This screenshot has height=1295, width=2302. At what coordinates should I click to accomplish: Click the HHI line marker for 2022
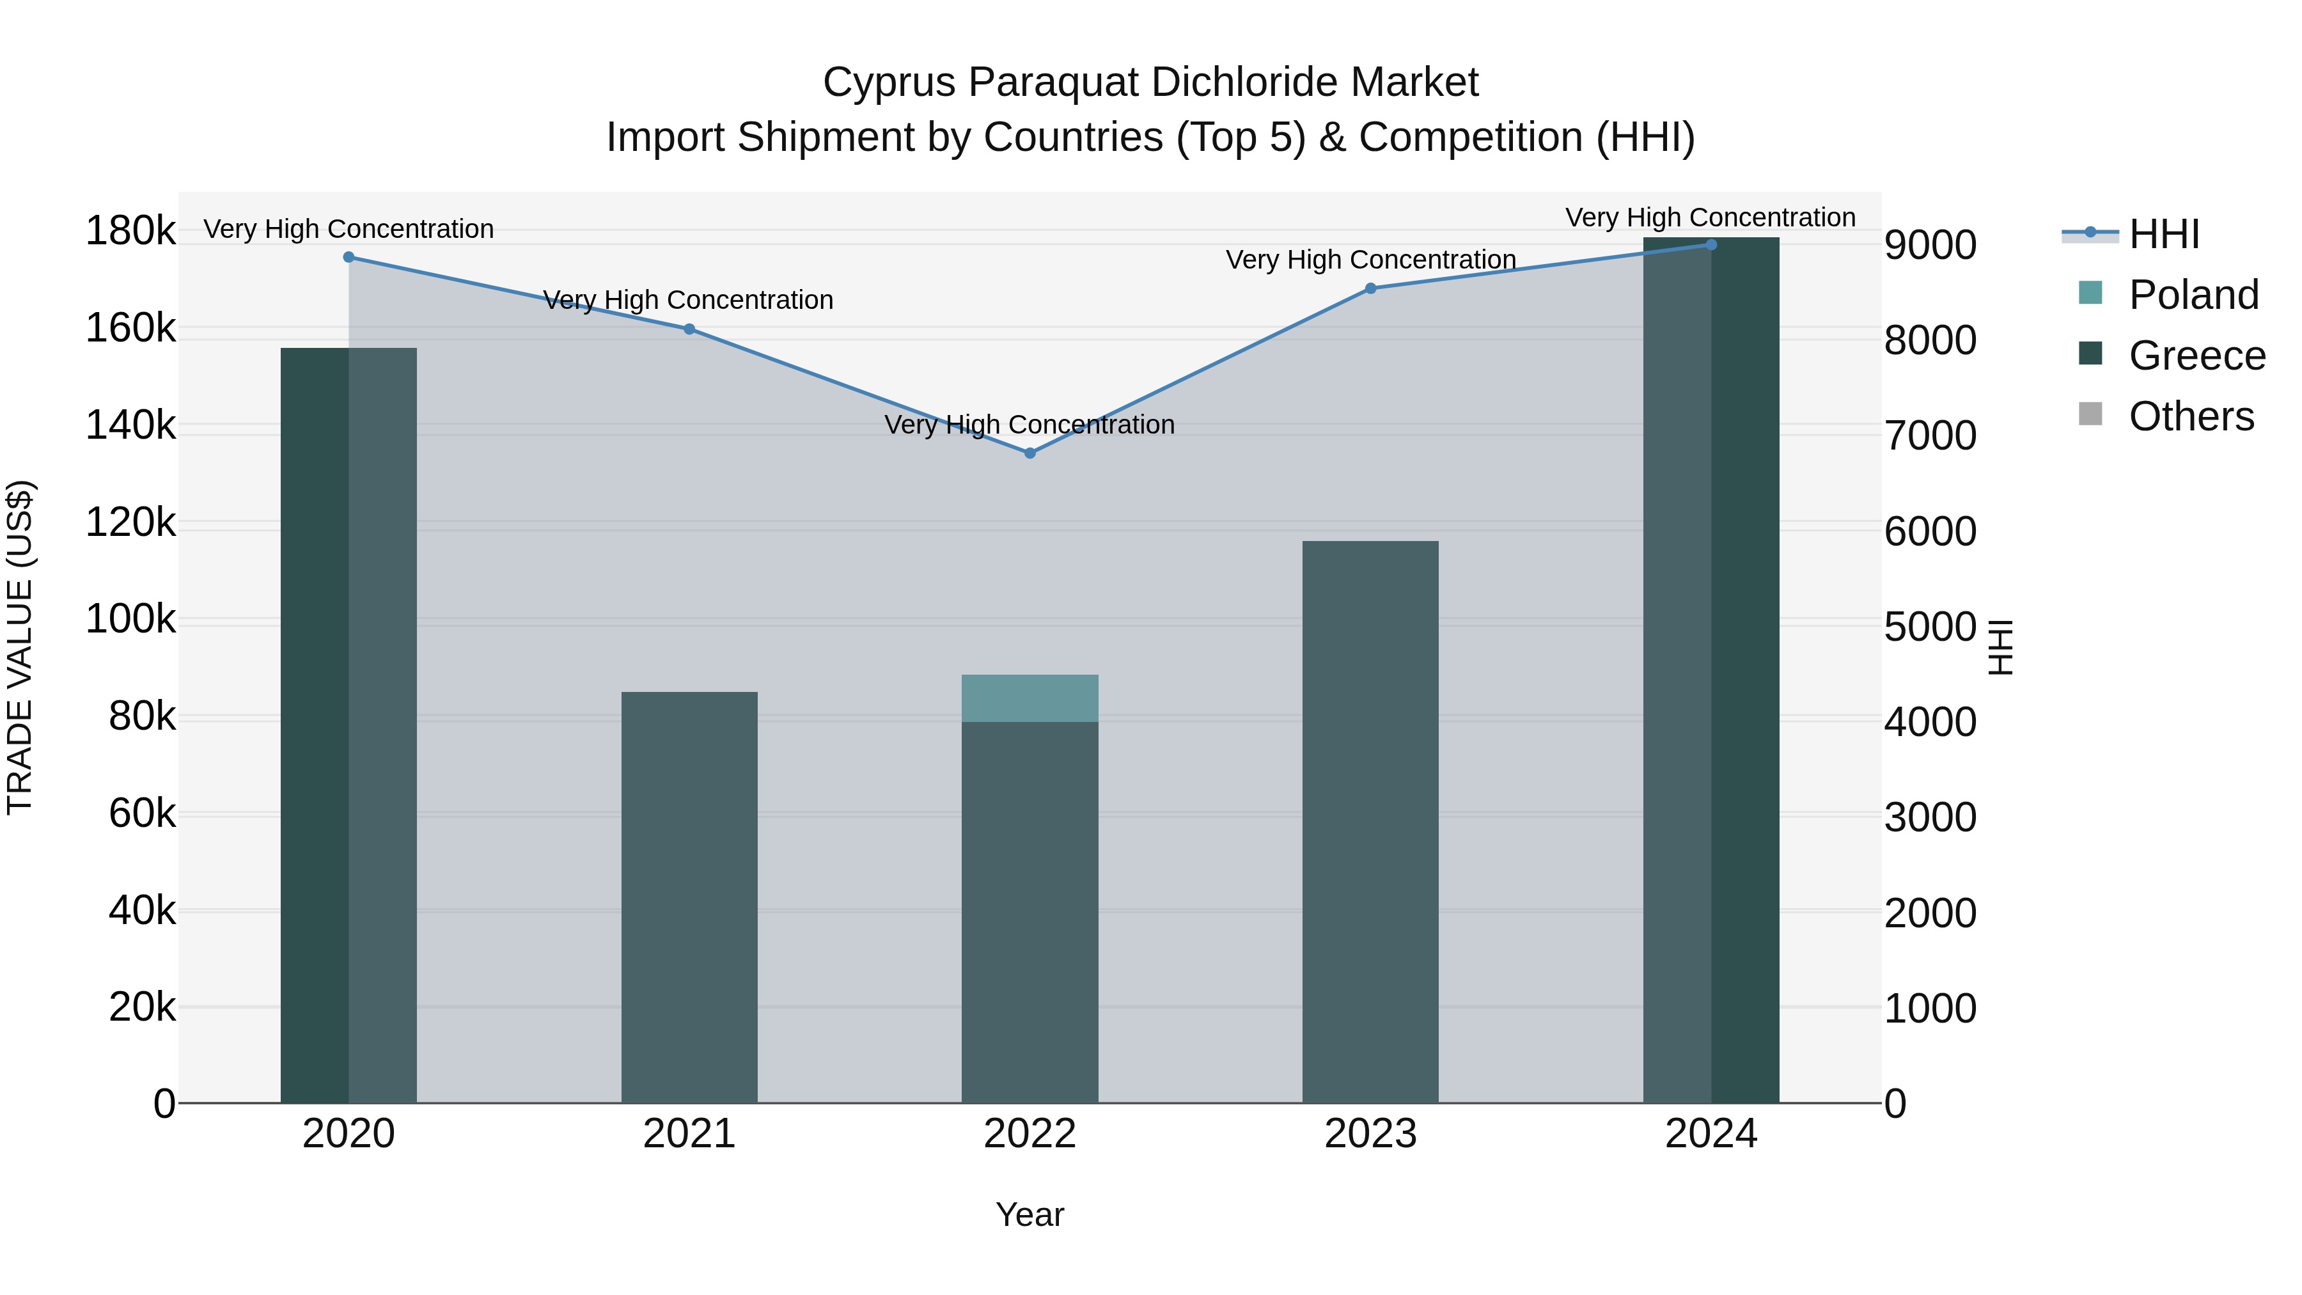pos(1030,453)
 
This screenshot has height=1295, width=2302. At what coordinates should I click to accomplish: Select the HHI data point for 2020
pos(348,257)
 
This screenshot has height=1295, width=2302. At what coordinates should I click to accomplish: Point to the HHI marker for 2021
pos(689,329)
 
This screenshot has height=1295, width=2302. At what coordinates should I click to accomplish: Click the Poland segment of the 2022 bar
pos(1030,698)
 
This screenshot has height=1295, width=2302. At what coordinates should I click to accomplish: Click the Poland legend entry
pos(2193,295)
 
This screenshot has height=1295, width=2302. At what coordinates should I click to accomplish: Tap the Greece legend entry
pos(2196,356)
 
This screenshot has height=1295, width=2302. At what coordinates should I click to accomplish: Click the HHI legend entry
pos(2163,234)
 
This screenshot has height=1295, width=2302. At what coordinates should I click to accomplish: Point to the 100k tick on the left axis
pos(130,618)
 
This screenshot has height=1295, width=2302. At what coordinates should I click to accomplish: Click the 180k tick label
pos(130,232)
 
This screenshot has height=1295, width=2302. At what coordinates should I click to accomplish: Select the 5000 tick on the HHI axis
pos(1930,627)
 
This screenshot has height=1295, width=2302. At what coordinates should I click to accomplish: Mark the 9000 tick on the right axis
pos(1930,245)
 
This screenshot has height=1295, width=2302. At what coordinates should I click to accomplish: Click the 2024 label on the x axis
pos(1711,1134)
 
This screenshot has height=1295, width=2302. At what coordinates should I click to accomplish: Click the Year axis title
pos(1030,1214)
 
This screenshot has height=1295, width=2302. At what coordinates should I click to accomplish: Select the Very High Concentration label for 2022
pos(1030,425)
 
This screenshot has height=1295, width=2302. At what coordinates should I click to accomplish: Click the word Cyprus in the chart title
pos(889,82)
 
